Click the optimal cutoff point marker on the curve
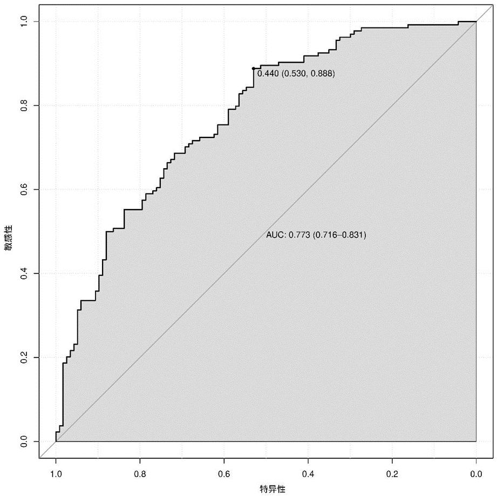254,68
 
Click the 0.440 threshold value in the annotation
267,74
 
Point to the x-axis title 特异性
273,489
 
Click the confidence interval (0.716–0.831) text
338,235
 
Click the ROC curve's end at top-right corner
475,22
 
